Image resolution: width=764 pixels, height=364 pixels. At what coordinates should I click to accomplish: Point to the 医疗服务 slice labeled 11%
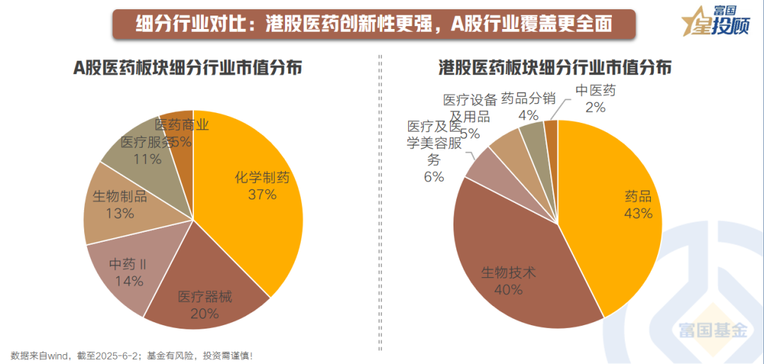[141, 148]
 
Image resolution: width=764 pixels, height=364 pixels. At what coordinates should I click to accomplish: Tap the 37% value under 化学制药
[262, 194]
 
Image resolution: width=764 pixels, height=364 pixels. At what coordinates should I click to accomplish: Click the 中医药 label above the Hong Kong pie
[596, 90]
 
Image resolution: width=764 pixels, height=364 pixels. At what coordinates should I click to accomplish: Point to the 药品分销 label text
[528, 98]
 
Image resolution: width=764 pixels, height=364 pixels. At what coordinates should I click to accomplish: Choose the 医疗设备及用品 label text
[470, 108]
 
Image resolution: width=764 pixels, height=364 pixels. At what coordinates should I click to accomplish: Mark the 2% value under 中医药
[595, 107]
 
